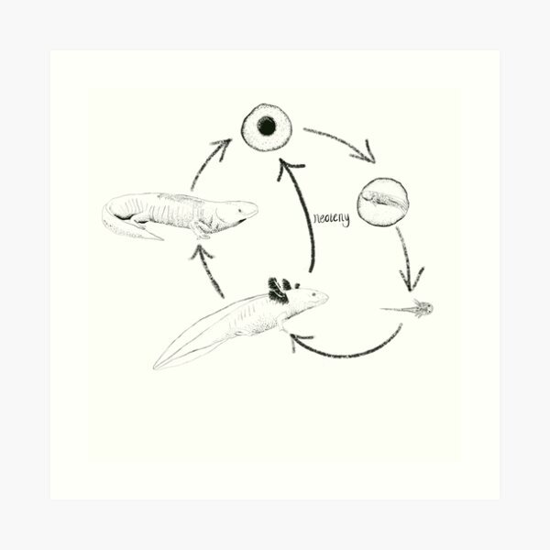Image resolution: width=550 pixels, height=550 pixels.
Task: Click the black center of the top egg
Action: pos(266,126)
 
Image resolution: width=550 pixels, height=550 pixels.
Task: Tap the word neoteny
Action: pos(331,219)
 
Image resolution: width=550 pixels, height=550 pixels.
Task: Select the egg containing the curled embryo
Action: pos(382,202)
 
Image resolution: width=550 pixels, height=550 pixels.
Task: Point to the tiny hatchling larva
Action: pos(414,309)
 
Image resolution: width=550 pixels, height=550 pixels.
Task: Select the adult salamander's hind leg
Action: pos(137,220)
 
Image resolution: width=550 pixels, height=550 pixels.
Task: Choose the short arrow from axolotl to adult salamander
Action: pos(208,270)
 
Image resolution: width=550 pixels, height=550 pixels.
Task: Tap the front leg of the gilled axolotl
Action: pos(280,322)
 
